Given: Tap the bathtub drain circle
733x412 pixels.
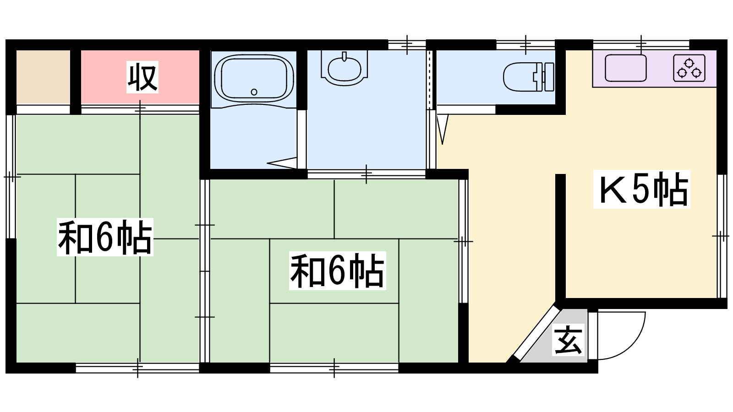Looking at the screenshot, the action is point(254,92).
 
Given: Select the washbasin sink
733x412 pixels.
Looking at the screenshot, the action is point(344,68).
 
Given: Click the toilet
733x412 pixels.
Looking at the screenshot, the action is point(529,77).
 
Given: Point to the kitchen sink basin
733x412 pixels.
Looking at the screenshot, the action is point(625,68).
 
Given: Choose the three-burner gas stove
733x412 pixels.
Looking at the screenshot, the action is point(689,68).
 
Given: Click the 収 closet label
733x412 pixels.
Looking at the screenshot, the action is point(142,77).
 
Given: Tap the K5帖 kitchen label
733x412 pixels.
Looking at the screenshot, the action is point(642,190).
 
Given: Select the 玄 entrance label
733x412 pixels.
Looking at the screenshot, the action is point(568,340).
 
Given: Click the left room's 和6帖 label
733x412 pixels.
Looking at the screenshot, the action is point(105,237).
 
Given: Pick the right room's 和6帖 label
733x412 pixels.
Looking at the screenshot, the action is point(337,271).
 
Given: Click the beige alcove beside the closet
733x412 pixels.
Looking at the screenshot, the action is point(43,77).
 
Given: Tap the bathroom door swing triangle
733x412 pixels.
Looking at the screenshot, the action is point(282,163).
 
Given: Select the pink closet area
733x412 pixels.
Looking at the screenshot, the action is point(140,77).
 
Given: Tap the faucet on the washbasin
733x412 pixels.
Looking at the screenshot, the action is point(344,56).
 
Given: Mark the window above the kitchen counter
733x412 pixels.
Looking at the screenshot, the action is point(641,45).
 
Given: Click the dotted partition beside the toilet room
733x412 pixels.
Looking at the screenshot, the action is point(430,80).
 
